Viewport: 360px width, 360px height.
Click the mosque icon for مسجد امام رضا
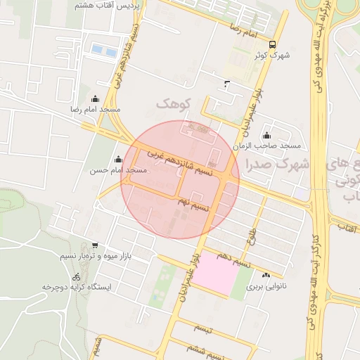click(95, 99)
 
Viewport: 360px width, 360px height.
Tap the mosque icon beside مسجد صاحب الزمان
click(266, 136)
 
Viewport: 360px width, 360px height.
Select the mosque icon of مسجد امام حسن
click(118, 160)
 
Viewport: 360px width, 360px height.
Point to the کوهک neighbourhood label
click(174, 104)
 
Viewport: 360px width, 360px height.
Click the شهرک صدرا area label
click(278, 164)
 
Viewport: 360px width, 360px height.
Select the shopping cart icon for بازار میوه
click(95, 246)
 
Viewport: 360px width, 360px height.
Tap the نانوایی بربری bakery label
click(266, 287)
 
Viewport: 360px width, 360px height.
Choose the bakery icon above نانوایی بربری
click(266, 275)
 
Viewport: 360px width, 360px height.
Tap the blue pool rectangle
click(103, 50)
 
